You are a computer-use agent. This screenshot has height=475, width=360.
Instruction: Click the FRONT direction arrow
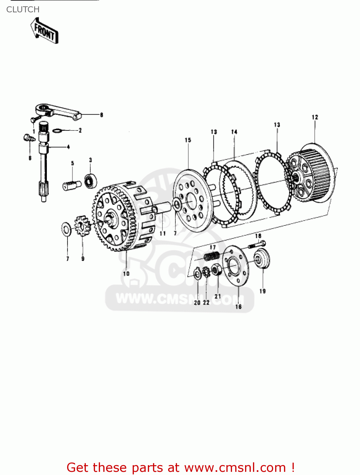45,31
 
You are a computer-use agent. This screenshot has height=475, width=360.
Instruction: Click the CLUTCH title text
23,9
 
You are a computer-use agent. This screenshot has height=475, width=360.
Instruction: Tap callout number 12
314,117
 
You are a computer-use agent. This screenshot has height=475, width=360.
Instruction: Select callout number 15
188,140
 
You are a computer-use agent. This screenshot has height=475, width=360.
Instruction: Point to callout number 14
234,132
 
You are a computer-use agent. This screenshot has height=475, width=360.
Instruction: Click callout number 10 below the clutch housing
126,274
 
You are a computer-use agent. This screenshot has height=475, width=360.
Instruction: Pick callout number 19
262,291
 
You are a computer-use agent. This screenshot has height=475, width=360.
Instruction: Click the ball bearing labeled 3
90,181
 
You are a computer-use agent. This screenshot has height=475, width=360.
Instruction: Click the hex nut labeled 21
217,270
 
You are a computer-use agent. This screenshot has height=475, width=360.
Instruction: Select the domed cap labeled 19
262,259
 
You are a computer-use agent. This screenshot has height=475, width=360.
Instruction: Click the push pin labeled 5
72,185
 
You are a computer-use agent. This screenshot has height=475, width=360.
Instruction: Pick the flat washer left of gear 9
66,229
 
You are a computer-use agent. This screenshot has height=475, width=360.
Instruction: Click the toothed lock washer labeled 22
206,272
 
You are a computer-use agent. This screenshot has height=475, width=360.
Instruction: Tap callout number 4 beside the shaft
68,147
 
